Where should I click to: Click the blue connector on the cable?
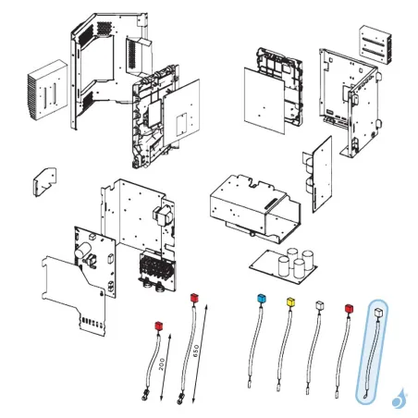pyautogui.click(x=260, y=300)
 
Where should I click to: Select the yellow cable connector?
pyautogui.click(x=291, y=302)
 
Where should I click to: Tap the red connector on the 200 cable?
pyautogui.click(x=157, y=326)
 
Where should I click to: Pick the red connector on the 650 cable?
pyautogui.click(x=193, y=298)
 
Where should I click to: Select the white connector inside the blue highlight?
pyautogui.click(x=379, y=313)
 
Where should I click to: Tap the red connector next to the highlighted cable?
pyautogui.click(x=349, y=308)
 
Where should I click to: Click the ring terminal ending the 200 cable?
pyautogui.click(x=146, y=399)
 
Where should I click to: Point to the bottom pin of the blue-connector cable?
pyautogui.click(x=251, y=382)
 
